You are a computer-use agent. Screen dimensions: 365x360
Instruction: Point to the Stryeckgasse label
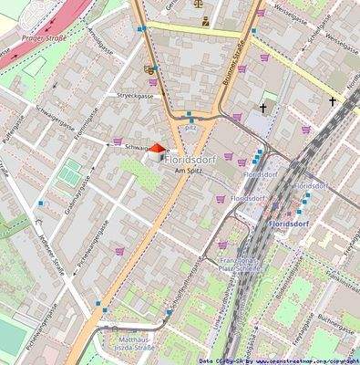point(134,95)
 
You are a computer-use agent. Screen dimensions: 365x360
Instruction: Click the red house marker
point(157,150)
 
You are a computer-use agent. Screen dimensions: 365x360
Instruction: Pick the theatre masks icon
point(149,68)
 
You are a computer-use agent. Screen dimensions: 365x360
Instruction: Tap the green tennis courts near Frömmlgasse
point(69,172)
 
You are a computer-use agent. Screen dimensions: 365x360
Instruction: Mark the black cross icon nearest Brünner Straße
point(264,109)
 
